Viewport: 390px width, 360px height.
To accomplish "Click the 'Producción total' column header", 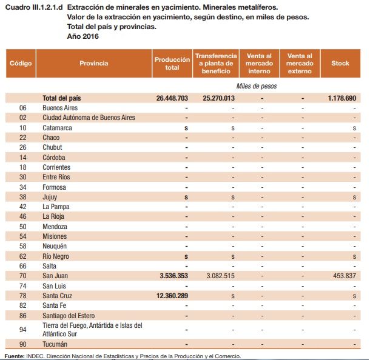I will (x=172, y=63).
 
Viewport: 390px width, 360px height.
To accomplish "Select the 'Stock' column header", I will (x=340, y=63).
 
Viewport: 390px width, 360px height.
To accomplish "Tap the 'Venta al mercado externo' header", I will (x=300, y=63).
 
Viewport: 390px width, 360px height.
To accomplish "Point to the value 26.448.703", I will (x=172, y=98).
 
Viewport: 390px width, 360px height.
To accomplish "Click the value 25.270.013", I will (x=219, y=98).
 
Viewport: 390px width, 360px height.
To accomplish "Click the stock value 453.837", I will (x=343, y=276).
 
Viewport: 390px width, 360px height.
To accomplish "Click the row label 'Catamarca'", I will (x=57, y=128).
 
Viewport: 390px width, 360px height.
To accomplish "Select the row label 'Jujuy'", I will (x=50, y=197).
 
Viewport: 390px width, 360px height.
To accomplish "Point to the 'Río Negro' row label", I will (x=56, y=256).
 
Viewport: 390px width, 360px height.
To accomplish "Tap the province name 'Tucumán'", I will (x=55, y=344).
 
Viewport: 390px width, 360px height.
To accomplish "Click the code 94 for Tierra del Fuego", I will (x=23, y=329).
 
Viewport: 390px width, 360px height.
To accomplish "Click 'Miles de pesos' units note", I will (x=257, y=86).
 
